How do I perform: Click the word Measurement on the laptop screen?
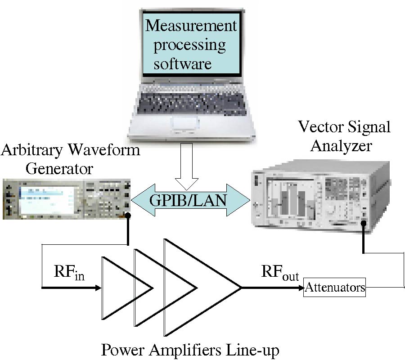coord(190,26)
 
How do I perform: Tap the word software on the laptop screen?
coord(182,63)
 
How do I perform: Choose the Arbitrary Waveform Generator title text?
coord(70,158)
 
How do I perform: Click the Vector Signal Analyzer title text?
coord(345,136)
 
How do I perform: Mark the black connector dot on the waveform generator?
coord(129,216)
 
